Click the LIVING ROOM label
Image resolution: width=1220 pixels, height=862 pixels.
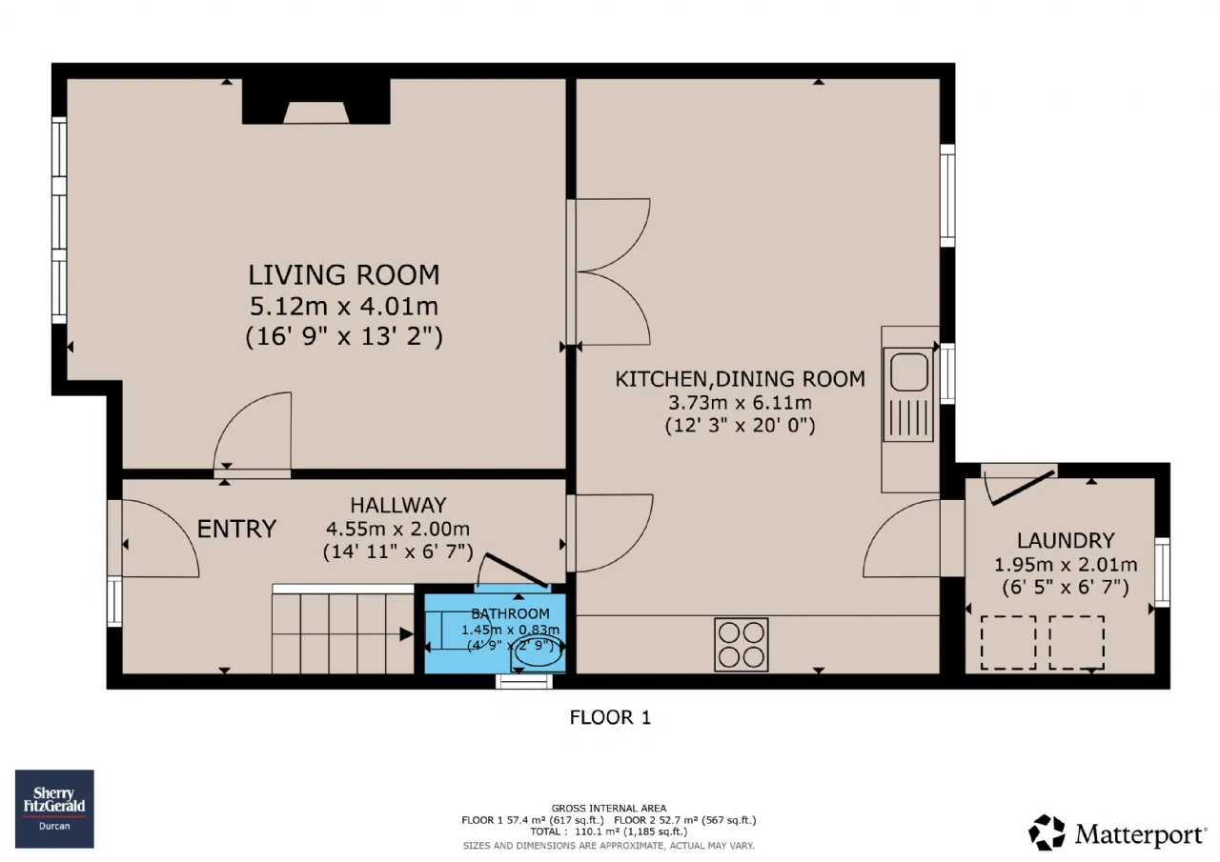coord(344,275)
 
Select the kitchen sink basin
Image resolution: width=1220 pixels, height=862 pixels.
coord(909,371)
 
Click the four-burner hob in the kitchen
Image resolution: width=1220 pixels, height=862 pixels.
coord(742,644)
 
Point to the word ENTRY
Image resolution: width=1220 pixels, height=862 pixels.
coord(236,529)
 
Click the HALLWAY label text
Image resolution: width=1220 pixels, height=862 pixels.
coord(398,505)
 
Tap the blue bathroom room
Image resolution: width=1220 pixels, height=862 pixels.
coord(495,633)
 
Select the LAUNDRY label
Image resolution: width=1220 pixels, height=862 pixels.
coord(1066,540)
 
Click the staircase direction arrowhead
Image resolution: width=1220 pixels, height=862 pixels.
coord(406,634)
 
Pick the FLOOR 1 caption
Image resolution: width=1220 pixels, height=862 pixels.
coord(610,717)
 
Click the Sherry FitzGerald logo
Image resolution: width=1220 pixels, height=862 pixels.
coord(54,808)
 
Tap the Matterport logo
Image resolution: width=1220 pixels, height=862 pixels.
coord(1117,833)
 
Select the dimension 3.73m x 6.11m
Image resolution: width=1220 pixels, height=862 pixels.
coord(740,403)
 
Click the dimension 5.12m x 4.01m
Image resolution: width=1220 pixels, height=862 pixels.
coord(344,306)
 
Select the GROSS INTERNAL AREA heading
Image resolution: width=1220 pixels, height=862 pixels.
coord(608,808)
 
